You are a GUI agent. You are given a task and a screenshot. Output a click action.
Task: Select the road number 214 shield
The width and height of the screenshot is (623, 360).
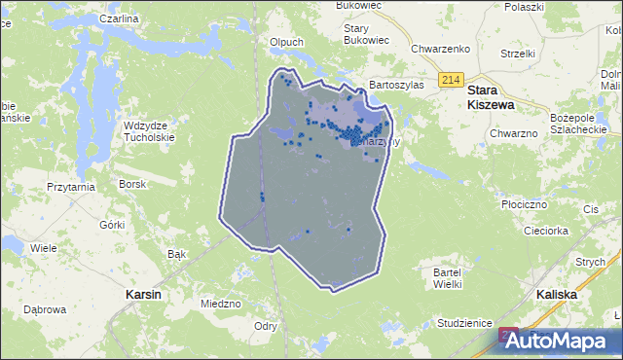(449, 80)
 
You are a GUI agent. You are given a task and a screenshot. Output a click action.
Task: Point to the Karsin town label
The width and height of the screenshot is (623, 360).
(143, 293)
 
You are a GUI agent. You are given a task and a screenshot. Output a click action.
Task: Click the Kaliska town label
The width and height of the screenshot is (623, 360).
(557, 293)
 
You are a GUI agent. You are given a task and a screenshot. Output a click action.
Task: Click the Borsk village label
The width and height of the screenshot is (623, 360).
(131, 183)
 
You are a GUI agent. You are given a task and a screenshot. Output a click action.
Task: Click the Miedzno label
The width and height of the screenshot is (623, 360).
(220, 304)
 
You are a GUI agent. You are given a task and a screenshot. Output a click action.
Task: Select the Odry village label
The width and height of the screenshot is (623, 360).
(264, 326)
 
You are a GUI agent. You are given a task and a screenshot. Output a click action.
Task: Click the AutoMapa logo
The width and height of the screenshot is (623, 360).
(556, 341)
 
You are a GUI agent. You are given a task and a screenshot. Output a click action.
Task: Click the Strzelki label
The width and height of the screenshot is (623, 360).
(519, 53)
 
